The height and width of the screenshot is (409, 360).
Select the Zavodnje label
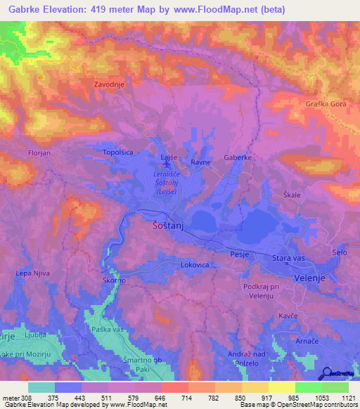110,85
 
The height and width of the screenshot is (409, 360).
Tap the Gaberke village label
238,157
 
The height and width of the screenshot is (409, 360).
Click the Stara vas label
287,259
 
